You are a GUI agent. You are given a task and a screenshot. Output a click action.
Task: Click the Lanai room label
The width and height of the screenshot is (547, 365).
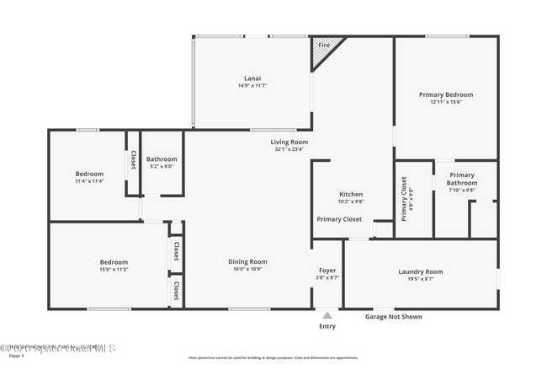point(252,78)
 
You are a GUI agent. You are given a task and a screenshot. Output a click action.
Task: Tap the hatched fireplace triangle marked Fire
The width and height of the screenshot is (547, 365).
point(324,53)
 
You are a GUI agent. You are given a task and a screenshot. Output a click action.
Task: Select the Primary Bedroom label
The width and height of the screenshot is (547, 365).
point(446,94)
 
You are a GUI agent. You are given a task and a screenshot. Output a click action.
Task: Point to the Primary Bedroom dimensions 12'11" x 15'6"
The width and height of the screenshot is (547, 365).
point(446,103)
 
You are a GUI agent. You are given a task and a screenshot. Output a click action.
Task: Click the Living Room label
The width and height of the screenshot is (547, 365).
point(289,142)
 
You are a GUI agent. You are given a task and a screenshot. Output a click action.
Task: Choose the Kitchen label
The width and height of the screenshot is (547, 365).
point(351,194)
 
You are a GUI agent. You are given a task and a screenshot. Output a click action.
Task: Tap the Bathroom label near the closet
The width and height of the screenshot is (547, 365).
point(162,158)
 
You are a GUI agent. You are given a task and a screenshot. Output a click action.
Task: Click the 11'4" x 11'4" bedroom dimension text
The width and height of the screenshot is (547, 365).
point(89,181)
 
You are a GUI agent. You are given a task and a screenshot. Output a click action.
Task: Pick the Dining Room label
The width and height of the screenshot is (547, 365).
point(247,261)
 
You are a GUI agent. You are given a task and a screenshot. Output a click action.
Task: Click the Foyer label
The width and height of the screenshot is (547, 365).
point(327,270)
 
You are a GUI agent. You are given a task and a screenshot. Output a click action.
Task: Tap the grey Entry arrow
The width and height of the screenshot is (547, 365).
point(327,314)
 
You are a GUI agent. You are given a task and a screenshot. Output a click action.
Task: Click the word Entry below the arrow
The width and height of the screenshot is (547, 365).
point(327,326)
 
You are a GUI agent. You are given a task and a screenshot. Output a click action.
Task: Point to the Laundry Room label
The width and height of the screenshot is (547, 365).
point(420,271)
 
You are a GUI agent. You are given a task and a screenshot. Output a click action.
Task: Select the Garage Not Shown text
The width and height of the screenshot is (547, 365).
point(393,317)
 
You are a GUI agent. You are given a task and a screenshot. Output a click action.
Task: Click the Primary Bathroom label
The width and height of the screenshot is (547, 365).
point(461,179)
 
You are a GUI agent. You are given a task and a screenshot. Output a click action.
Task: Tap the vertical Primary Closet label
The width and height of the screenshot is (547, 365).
point(404,198)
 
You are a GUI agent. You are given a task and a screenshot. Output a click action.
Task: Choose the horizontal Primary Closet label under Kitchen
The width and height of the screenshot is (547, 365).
point(339,219)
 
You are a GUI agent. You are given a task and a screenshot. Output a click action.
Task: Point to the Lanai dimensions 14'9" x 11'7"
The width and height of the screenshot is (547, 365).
point(252,86)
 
